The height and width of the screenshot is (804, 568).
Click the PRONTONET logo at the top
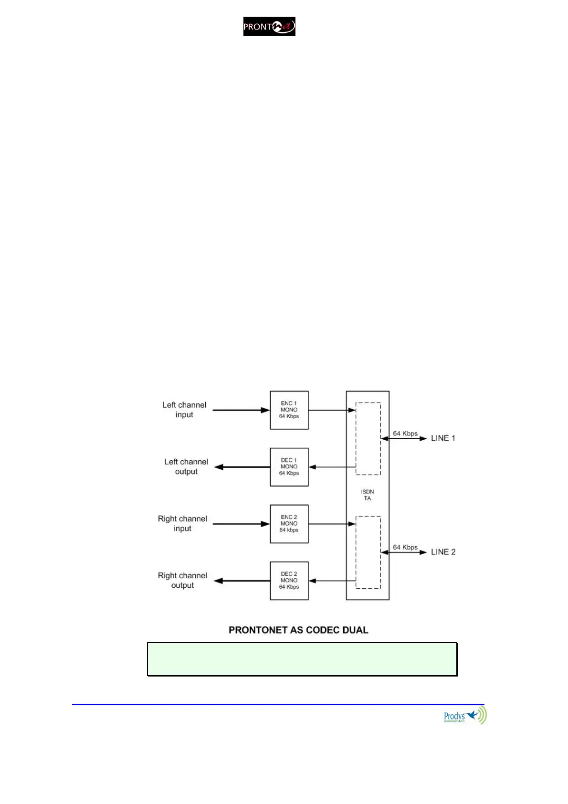269,26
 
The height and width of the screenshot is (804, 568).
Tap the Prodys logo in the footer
464,716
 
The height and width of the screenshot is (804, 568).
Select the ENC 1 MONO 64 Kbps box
289,410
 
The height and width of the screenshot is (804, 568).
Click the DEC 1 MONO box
289,467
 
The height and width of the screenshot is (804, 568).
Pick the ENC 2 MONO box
289,524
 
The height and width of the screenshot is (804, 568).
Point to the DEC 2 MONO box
289,581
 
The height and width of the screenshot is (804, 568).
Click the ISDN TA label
368,495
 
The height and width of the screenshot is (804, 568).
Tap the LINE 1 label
443,438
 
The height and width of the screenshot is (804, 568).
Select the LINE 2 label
443,552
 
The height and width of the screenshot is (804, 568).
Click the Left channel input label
184,410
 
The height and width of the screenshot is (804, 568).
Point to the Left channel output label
186,466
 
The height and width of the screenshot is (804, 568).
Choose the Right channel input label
182,523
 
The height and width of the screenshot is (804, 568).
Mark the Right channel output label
182,580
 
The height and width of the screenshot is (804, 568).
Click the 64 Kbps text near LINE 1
405,434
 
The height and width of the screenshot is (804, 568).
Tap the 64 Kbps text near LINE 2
405,547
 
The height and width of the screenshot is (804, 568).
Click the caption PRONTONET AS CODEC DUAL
298,630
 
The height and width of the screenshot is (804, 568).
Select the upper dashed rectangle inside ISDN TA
368,439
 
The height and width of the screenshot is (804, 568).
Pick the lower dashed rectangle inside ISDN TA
368,552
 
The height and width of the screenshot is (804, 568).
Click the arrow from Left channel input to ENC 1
241,410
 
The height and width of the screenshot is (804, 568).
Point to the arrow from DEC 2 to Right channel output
242,581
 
